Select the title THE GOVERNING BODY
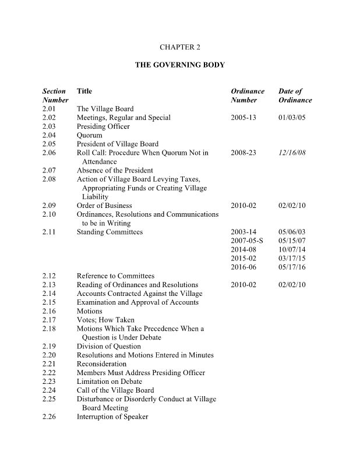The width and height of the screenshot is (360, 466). (x=179, y=66)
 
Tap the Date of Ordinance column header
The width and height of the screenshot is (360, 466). (x=295, y=96)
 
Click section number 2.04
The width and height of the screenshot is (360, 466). (x=50, y=135)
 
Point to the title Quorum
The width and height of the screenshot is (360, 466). (x=89, y=135)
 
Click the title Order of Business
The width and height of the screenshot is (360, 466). (x=104, y=205)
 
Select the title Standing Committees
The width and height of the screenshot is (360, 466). (x=110, y=232)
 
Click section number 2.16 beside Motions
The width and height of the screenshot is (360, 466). (x=50, y=311)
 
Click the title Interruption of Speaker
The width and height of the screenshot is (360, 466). (x=112, y=416)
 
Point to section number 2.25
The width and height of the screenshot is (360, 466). (x=50, y=399)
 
